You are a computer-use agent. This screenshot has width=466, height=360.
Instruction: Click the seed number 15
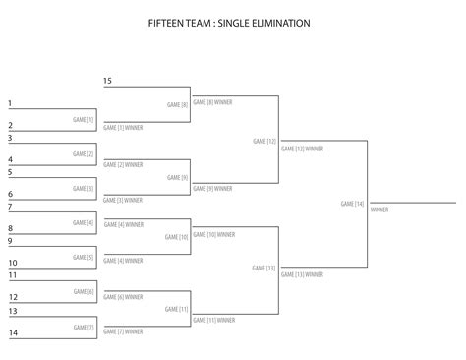107,80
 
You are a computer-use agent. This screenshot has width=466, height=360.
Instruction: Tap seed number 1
10,103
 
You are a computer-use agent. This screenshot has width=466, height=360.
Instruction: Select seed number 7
10,207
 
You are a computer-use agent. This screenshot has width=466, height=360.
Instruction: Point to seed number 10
13,263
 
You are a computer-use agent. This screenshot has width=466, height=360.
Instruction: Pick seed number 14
13,332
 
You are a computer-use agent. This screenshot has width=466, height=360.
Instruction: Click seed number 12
13,297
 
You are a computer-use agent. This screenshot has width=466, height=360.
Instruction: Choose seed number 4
10,158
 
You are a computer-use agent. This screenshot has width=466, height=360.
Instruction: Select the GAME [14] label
352,204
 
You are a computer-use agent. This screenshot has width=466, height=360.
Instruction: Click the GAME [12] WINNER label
303,149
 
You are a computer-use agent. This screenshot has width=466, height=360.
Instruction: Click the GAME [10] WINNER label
214,235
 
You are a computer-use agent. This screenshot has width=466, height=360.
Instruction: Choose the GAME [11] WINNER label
214,320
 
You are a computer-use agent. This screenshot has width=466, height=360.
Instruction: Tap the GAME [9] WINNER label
213,187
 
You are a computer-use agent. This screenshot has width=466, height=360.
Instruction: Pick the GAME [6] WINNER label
123,296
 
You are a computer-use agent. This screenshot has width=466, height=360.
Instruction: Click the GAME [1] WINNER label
123,127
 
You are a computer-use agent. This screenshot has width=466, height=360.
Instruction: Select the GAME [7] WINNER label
123,331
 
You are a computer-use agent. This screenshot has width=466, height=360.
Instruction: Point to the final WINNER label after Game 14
379,210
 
